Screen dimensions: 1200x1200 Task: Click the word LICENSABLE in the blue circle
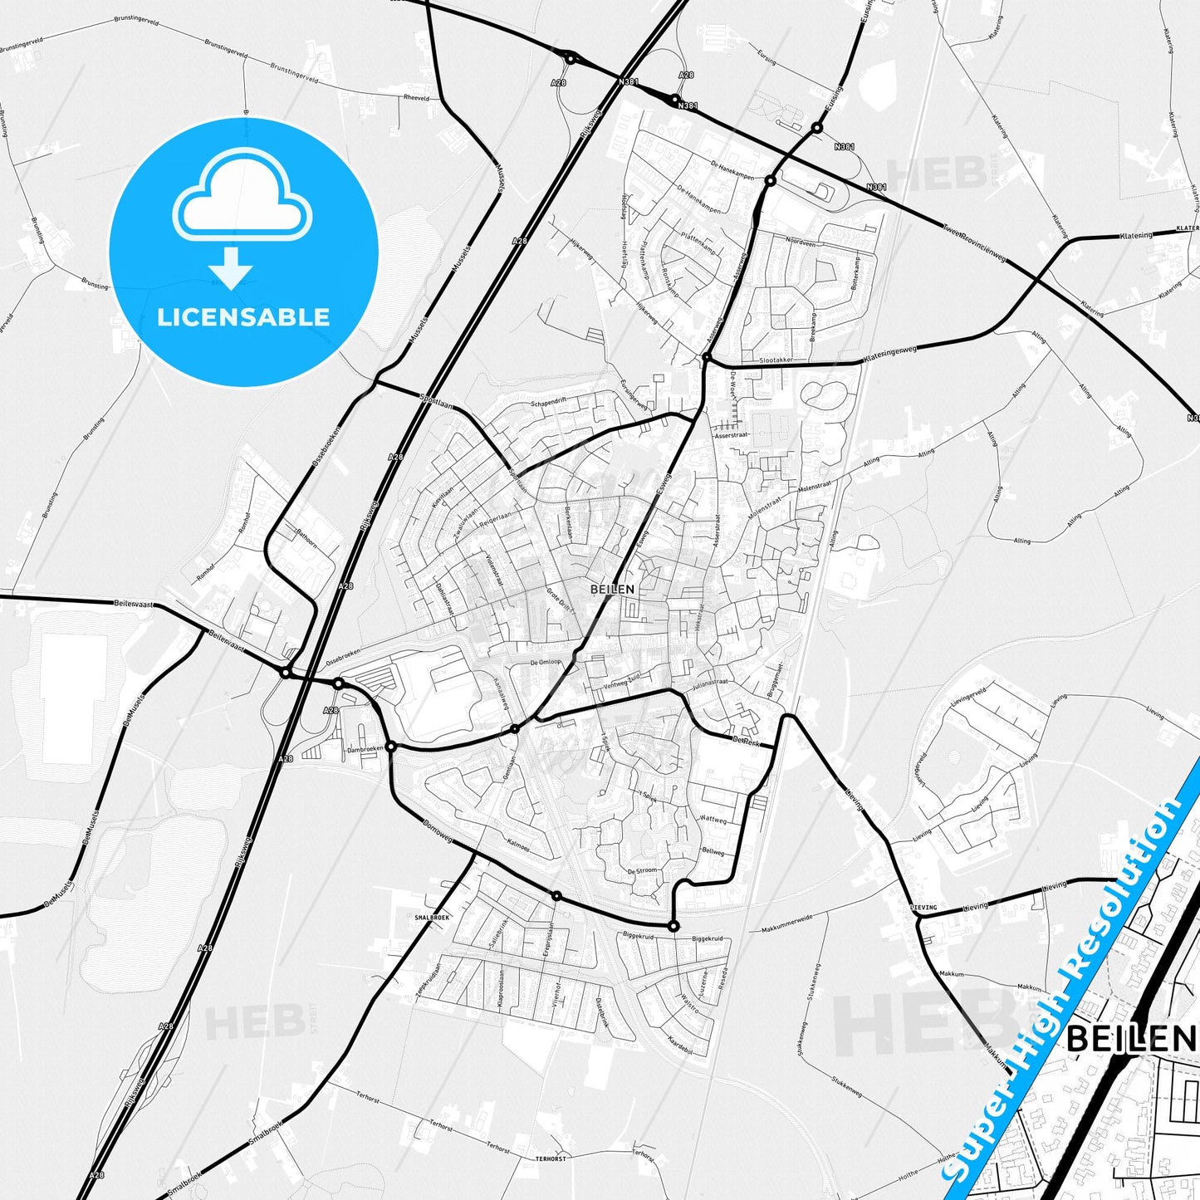(x=243, y=317)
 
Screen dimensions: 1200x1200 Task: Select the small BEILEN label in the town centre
(x=612, y=589)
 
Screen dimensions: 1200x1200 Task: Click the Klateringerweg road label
(x=890, y=354)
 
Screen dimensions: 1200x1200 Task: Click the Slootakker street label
(x=776, y=360)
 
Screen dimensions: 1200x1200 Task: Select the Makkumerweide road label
(x=787, y=923)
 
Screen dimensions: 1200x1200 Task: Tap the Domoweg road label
(x=438, y=832)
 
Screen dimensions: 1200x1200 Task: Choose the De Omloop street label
(x=546, y=663)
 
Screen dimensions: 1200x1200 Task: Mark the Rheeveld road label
(x=417, y=98)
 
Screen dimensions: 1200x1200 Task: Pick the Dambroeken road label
(x=365, y=749)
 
